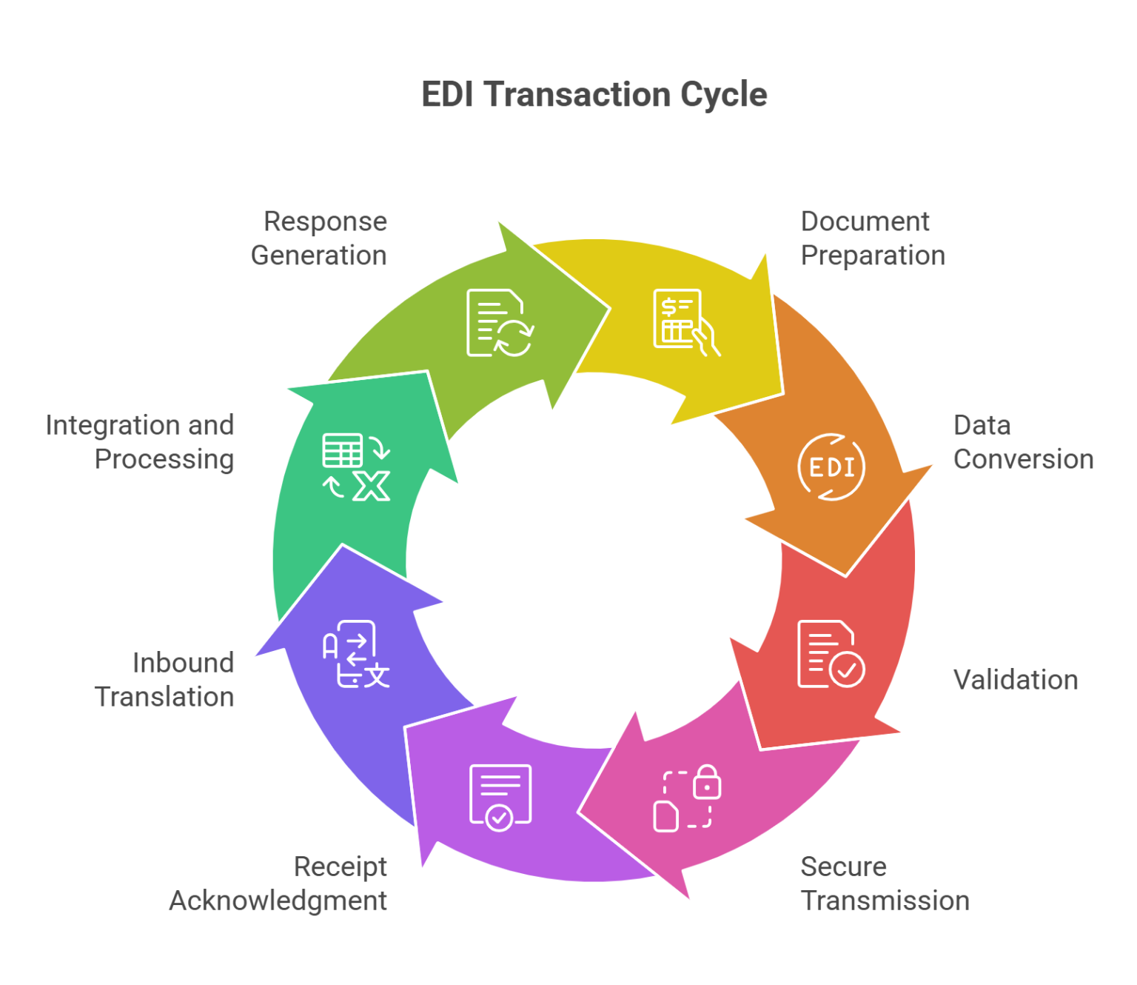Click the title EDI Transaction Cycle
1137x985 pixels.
[594, 95]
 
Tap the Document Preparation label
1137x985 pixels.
[873, 238]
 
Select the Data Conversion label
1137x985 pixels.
[1022, 442]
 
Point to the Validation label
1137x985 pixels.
[1015, 680]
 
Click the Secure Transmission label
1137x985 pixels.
[885, 884]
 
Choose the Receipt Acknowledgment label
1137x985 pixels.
[278, 884]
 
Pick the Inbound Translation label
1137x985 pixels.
[165, 680]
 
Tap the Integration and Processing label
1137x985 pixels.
[141, 442]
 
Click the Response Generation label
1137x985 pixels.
[319, 238]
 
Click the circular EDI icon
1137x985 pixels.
[831, 467]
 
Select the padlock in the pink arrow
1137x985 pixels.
[707, 782]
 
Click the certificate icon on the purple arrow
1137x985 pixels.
[500, 797]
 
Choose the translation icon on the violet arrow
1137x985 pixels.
[355, 654]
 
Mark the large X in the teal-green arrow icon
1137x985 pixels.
[371, 486]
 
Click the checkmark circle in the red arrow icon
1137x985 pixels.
[847, 670]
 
